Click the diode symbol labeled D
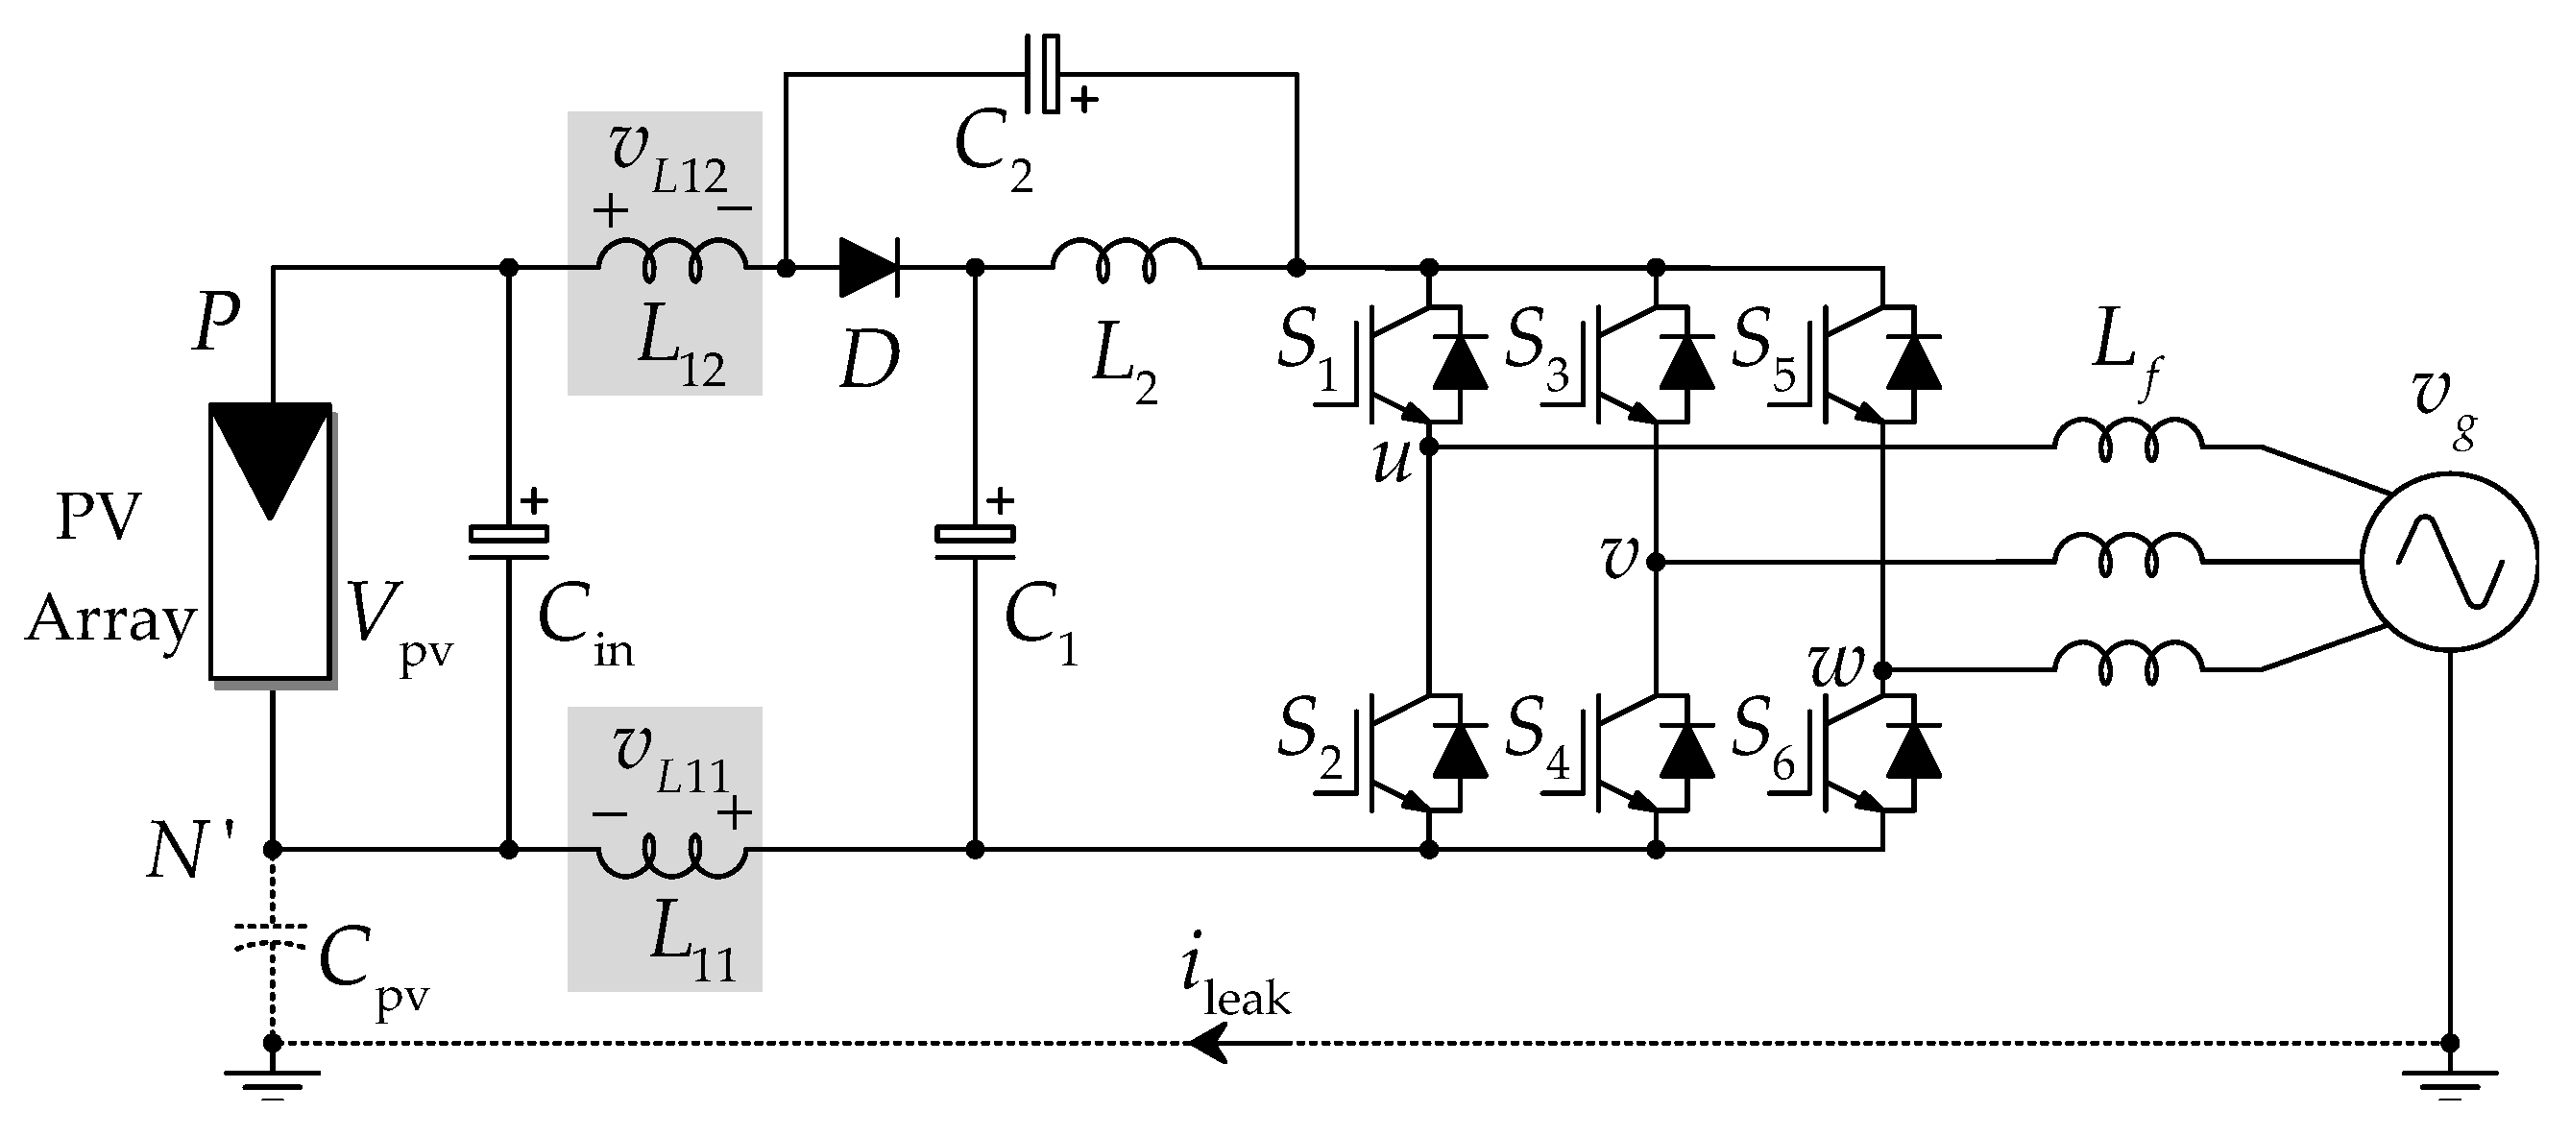pyautogui.click(x=868, y=267)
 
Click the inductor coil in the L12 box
pyautogui.click(x=671, y=261)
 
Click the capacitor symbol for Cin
pyautogui.click(x=509, y=539)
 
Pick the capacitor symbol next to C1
pyautogui.click(x=975, y=539)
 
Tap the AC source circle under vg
pyautogui.click(x=2448, y=565)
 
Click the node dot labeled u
pyautogui.click(x=1429, y=447)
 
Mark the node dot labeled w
pyautogui.click(x=1882, y=669)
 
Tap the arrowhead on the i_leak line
pyautogui.click(x=1207, y=1044)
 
